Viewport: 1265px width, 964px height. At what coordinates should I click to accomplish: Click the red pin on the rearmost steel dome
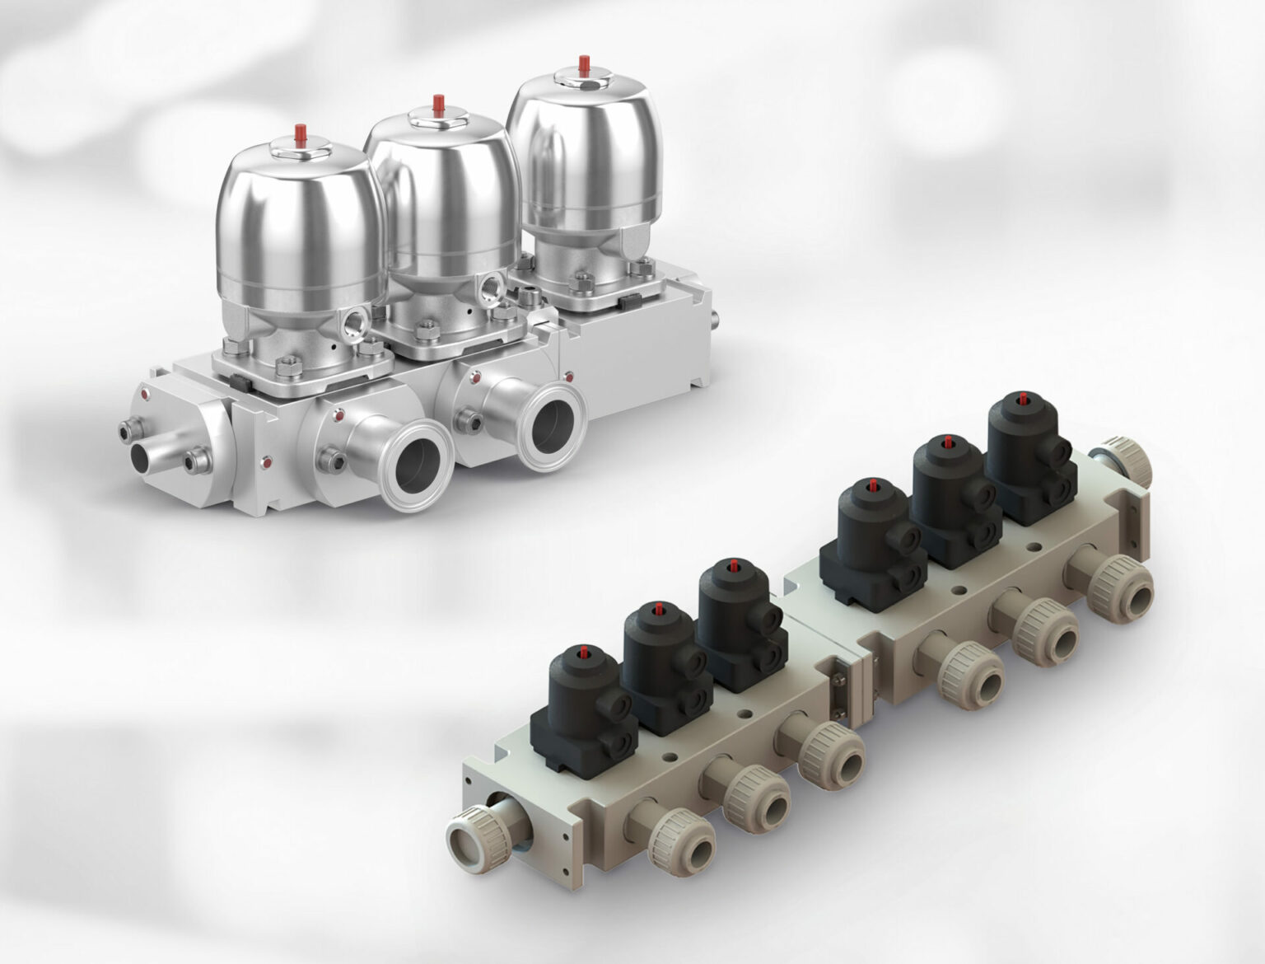(584, 63)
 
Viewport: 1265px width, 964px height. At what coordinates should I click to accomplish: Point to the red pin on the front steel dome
(299, 135)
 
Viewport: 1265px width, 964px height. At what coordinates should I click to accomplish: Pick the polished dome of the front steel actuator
(296, 222)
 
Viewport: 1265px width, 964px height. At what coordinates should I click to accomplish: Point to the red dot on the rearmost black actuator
(1023, 399)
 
